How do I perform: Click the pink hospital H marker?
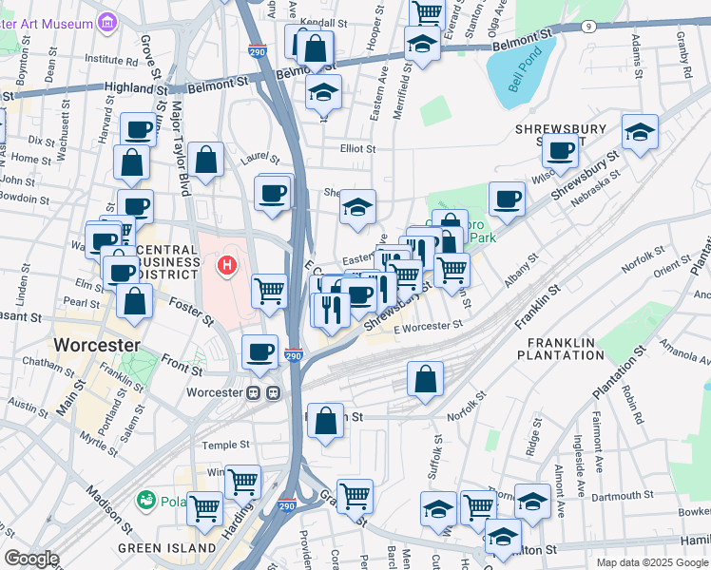tap(226, 264)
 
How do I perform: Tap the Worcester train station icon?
tap(263, 392)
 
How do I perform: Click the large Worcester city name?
tap(97, 344)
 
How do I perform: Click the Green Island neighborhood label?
tap(166, 548)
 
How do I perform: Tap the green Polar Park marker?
tap(146, 500)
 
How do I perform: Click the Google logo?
tap(31, 559)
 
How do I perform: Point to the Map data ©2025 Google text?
tap(651, 562)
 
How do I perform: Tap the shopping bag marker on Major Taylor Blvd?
tap(205, 161)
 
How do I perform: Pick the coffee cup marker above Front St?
tap(259, 351)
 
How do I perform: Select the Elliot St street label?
tap(358, 149)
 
